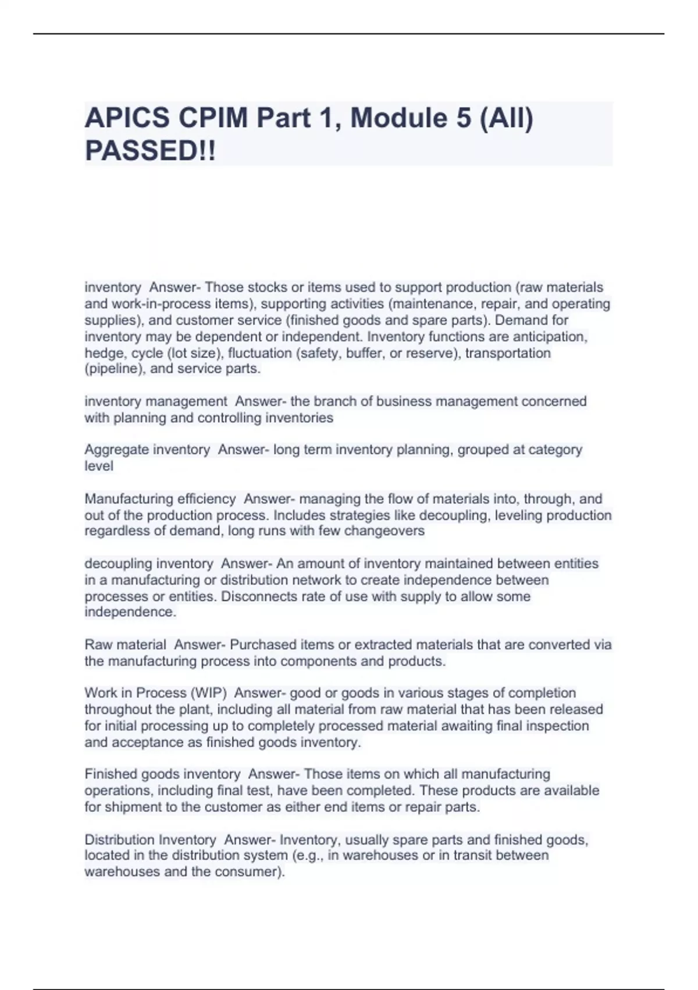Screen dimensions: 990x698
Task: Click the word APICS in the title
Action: [127, 118]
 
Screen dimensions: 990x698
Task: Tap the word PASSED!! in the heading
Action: [150, 151]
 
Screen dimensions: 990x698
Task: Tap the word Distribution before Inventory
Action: [120, 840]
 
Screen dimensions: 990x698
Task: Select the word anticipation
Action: [549, 337]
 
